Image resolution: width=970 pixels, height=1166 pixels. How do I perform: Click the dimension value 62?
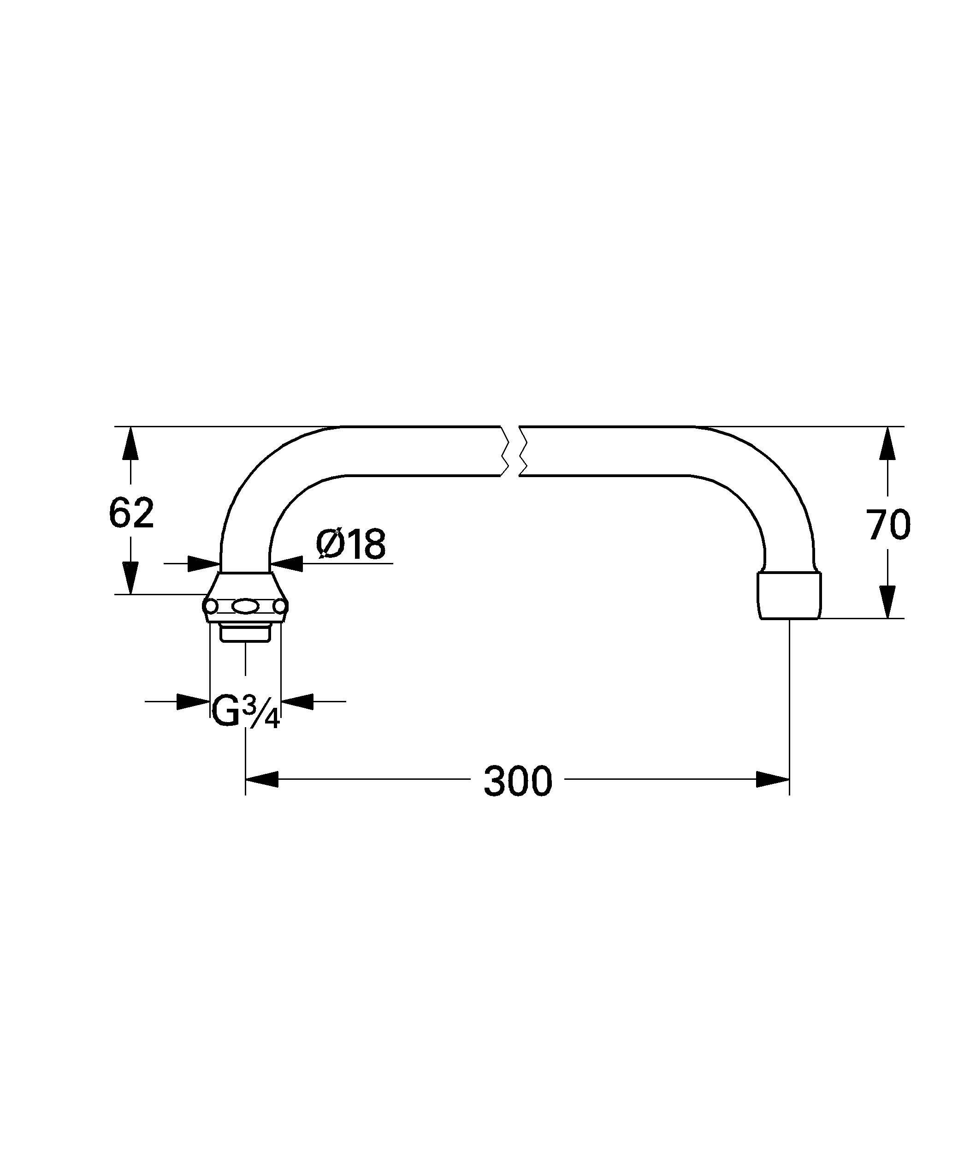131,514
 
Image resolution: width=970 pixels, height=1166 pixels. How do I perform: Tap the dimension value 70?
888,525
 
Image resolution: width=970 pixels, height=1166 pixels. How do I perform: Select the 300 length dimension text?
518,782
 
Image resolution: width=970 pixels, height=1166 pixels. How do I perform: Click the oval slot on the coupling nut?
245,607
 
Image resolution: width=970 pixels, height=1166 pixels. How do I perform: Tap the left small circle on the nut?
211,607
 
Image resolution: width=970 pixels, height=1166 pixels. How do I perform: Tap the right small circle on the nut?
280,607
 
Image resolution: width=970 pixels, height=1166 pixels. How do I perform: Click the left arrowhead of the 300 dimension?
261,779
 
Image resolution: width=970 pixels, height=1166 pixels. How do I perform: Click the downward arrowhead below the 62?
130,577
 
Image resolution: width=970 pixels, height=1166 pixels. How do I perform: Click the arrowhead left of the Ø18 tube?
204,563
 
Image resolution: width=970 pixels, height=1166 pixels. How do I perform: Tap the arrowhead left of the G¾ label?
192,701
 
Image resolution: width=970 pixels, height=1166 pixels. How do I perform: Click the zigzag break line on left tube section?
504,451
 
